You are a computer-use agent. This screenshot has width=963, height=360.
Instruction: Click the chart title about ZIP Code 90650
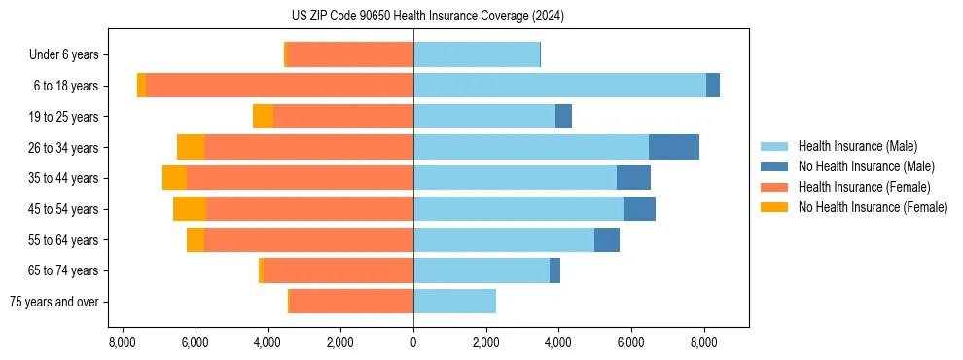[x=427, y=17]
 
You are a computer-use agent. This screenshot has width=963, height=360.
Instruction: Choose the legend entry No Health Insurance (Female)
[x=873, y=207]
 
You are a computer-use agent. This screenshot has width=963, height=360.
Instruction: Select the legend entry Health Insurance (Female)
[x=865, y=187]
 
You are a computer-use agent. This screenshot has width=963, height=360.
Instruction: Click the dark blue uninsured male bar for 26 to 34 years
[x=673, y=147]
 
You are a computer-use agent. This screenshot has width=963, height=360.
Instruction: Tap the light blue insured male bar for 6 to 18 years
[x=559, y=86]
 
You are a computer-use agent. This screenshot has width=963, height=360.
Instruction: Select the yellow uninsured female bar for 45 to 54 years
[x=190, y=209]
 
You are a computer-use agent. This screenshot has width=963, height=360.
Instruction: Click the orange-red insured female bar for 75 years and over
[x=351, y=302]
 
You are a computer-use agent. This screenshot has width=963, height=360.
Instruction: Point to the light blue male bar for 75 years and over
[x=454, y=302]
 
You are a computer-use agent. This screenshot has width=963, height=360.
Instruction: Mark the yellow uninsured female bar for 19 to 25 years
[x=263, y=117]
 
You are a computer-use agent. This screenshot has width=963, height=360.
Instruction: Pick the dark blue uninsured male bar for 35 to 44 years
[x=633, y=178]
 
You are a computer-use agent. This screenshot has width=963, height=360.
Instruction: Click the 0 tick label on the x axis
[x=413, y=342]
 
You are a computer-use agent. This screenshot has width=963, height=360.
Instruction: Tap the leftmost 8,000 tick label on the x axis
[x=123, y=342]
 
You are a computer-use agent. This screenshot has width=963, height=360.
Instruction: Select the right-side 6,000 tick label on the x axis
[x=631, y=342]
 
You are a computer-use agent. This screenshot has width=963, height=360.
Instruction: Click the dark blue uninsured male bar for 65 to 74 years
[x=554, y=270]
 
